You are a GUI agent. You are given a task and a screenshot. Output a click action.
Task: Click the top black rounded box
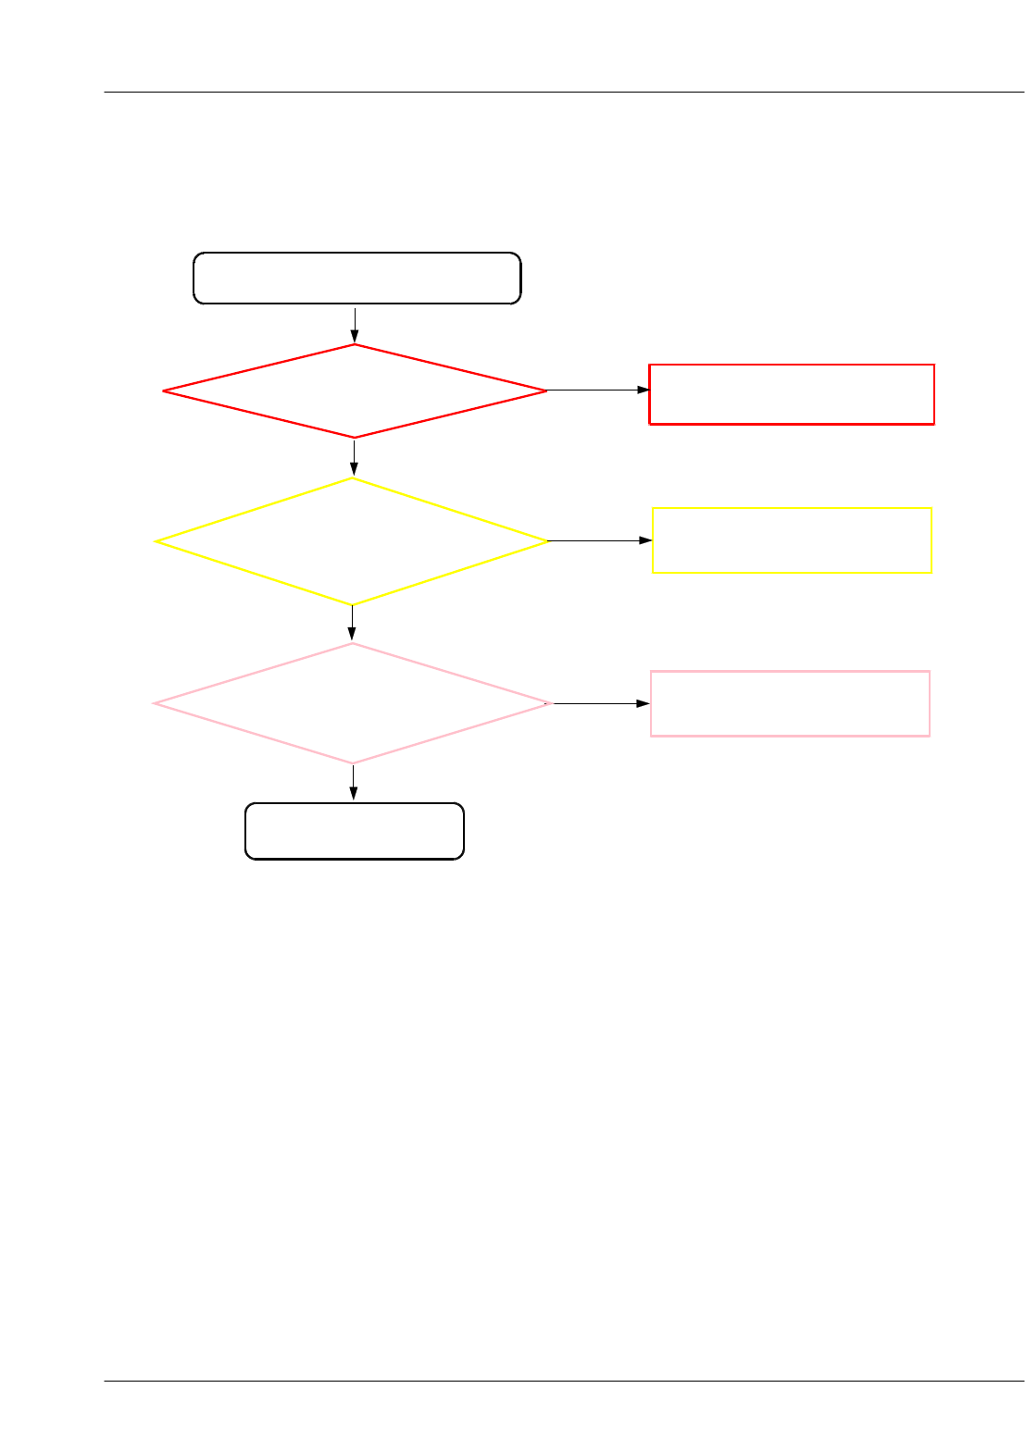[356, 278]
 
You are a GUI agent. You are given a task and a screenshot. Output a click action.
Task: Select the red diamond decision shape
[355, 391]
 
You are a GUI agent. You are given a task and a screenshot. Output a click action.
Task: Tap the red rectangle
[792, 394]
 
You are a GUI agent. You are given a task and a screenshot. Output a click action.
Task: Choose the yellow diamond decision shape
[352, 541]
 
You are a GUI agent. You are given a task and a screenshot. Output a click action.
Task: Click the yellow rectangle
[792, 540]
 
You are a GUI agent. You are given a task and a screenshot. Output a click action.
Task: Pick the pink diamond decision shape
[352, 704]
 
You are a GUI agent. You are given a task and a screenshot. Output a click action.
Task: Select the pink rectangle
[790, 703]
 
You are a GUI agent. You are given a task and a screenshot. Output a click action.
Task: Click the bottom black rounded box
[354, 831]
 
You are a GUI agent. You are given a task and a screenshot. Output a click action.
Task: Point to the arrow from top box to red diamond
[355, 324]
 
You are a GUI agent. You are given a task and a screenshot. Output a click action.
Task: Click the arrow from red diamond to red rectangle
[598, 390]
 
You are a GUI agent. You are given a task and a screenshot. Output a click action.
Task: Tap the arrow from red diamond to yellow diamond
[354, 457]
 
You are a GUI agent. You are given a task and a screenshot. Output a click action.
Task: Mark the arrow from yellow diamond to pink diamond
[352, 624]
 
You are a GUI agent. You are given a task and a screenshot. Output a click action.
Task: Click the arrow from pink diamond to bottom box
[353, 783]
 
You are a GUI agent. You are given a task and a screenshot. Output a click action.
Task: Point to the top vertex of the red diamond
[355, 345]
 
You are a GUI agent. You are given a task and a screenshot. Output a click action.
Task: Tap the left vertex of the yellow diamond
[156, 541]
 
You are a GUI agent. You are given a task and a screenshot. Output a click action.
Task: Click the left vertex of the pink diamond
[154, 704]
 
